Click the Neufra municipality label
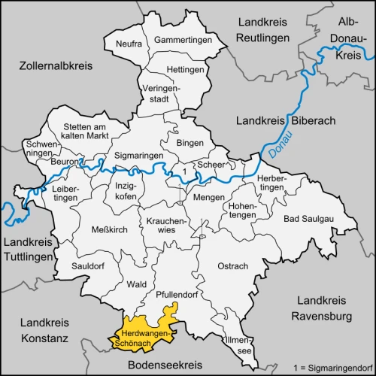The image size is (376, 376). coord(129,44)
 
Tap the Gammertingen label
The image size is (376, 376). coord(180,39)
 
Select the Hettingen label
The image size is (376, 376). coord(185,69)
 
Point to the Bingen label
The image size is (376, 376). coord(190,142)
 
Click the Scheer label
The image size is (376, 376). coord(208,165)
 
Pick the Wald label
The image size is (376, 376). coord(137,284)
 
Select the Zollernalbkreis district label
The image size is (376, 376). coord(47,65)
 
